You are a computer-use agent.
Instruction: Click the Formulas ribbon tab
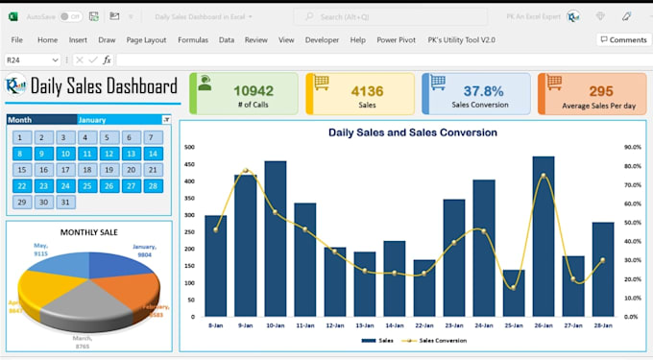coord(192,40)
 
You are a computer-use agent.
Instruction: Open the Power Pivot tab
coord(396,40)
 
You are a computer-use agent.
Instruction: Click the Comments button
coord(622,40)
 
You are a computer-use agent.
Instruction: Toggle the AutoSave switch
coord(70,16)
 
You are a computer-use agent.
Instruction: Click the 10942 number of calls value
coord(254,90)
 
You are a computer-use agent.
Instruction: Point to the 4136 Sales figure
coord(367,90)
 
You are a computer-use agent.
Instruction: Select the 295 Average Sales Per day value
coord(601,90)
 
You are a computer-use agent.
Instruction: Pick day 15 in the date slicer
coord(20,170)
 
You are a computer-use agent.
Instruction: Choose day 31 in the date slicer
coord(64,203)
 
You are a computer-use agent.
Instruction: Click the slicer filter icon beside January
coord(166,120)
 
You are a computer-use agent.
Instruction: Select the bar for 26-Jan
coord(544,236)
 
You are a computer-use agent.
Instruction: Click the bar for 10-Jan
coord(276,239)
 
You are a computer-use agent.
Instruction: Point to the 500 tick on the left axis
coord(189,148)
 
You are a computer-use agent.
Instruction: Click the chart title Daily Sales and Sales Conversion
coord(412,132)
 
